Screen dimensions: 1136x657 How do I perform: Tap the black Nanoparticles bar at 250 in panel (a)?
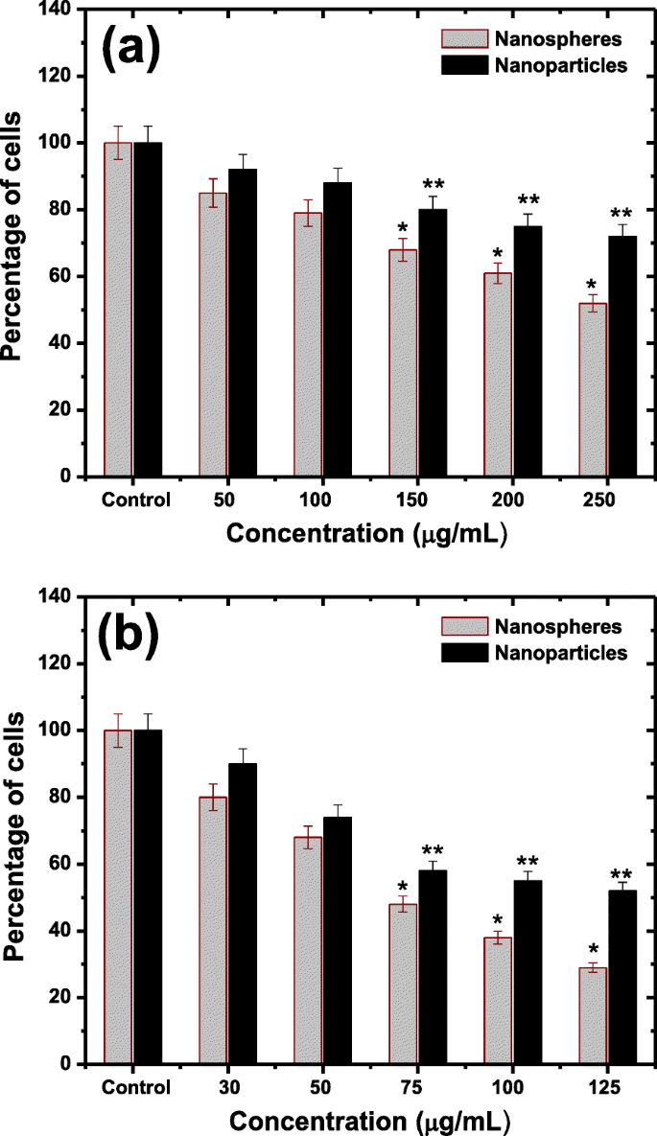[622, 356]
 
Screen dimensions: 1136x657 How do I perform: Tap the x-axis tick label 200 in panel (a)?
[511, 499]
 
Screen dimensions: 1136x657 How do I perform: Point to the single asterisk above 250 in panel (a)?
[592, 286]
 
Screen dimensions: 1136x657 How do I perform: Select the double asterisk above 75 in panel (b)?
[434, 851]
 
